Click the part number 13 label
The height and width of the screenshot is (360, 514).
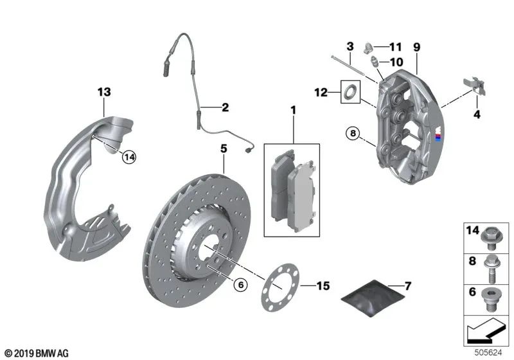pos(104,92)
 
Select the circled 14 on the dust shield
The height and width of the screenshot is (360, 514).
pos(130,156)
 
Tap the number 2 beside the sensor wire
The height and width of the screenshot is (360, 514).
pos(225,108)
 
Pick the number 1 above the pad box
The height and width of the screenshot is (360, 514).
pos(294,111)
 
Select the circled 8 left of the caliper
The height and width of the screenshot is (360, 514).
pos(352,134)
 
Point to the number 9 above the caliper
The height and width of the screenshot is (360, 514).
pos(416,47)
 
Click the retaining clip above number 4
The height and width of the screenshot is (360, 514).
pos(472,87)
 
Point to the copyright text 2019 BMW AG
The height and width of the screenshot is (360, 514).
pos(36,353)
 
